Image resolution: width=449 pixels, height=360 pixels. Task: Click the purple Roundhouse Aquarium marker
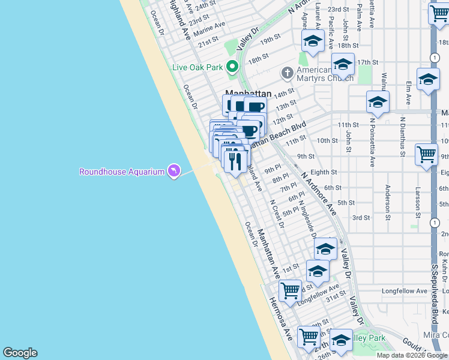coord(173,172)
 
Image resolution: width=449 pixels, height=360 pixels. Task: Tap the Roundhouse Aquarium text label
coord(122,172)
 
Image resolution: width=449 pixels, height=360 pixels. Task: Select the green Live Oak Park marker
coord(232,67)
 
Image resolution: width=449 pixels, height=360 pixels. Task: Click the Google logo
coord(20,353)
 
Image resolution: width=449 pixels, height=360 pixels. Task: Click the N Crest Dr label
coord(277,214)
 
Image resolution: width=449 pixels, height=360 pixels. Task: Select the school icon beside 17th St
coord(343,63)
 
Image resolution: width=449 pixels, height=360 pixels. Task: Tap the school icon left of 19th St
coord(312,41)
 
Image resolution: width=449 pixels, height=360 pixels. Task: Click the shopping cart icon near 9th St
coord(426,154)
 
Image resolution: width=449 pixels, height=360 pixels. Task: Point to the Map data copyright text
coord(412,355)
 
